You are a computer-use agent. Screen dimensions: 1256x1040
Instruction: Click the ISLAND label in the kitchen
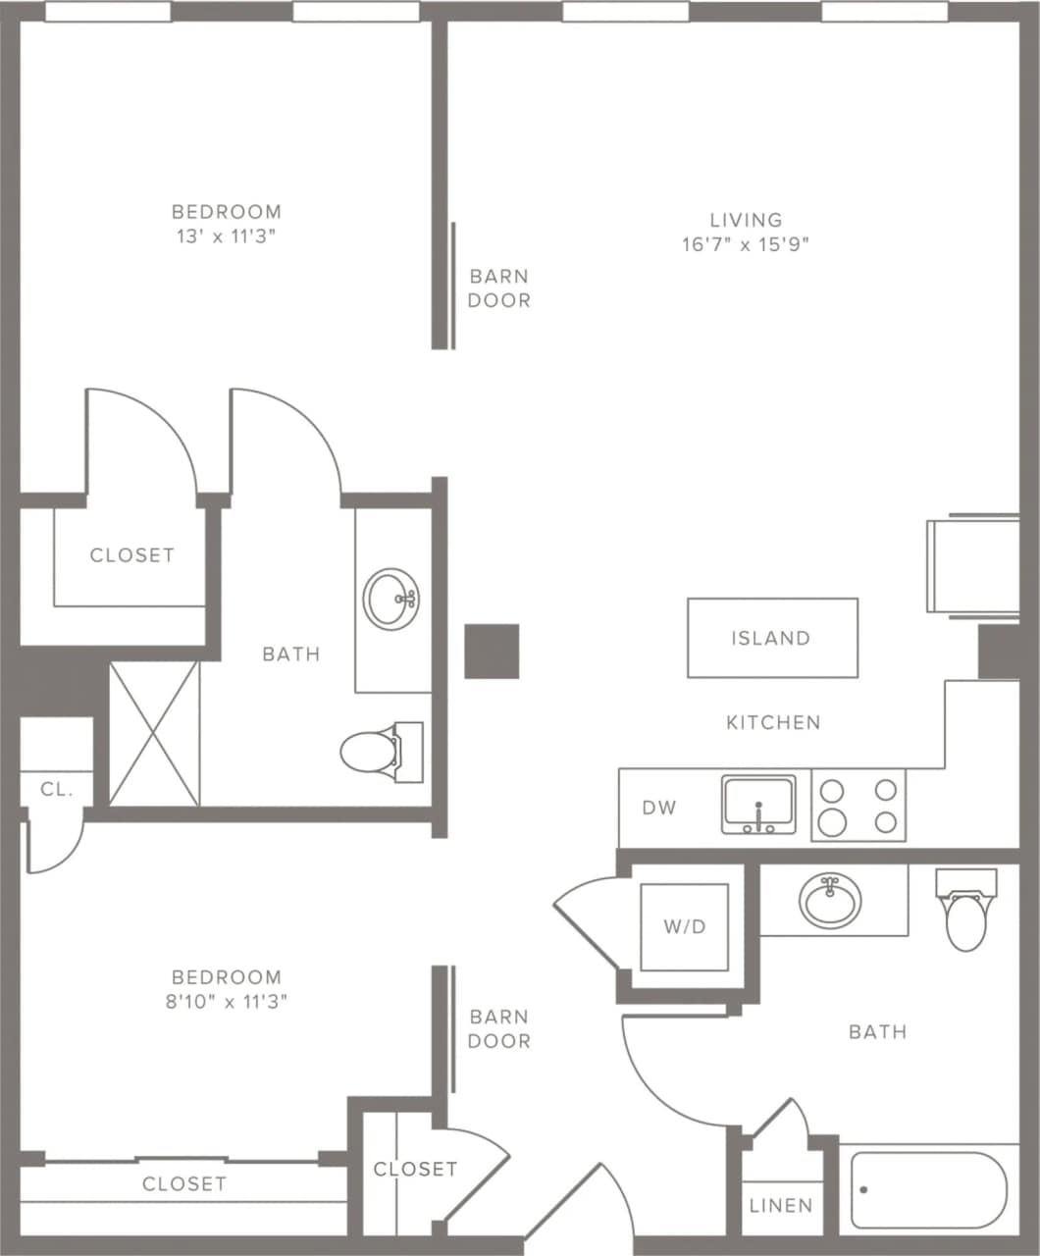click(x=771, y=638)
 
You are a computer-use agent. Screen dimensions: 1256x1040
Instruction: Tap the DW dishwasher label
click(x=658, y=808)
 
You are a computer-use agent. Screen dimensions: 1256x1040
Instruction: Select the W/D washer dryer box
click(x=684, y=926)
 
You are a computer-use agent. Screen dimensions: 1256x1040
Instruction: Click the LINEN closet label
click(x=781, y=1205)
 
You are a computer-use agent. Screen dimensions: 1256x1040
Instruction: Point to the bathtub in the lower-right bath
click(x=928, y=1189)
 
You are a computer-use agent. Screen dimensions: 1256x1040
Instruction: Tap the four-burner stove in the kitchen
click(x=858, y=806)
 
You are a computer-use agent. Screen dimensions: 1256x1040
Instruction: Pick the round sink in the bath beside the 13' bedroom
click(x=391, y=598)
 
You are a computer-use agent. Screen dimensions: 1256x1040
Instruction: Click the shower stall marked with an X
click(x=154, y=734)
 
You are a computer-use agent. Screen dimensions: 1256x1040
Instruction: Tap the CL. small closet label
click(x=57, y=789)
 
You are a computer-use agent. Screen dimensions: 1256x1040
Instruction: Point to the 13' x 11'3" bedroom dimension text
click(x=227, y=236)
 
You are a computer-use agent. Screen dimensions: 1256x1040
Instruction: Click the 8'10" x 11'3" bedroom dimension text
click(x=227, y=1002)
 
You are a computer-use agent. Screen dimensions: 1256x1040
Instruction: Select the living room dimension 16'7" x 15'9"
click(x=746, y=244)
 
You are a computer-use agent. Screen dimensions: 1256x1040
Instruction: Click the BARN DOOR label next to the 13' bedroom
click(x=498, y=288)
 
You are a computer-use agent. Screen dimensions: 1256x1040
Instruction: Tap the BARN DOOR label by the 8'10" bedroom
click(x=498, y=1029)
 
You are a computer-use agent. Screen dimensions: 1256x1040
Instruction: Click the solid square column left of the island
click(x=492, y=651)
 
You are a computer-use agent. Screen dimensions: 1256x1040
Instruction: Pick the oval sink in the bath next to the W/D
click(x=830, y=900)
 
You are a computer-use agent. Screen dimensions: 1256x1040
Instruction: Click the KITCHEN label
click(x=773, y=722)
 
